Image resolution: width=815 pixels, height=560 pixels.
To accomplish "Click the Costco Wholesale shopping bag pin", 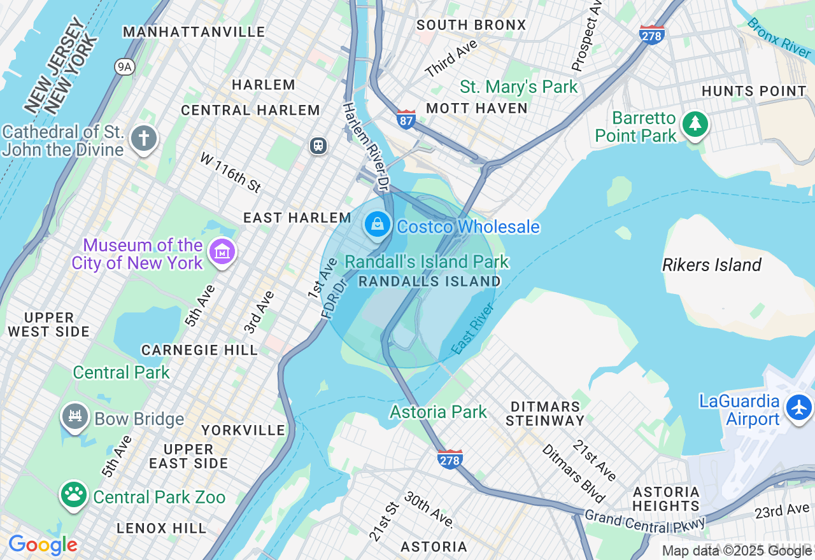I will [378, 224].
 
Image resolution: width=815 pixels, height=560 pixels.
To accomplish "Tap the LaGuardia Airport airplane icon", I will [799, 407].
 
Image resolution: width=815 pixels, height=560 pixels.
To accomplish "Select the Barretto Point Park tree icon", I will [695, 123].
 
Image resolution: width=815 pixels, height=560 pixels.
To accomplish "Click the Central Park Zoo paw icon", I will [74, 493].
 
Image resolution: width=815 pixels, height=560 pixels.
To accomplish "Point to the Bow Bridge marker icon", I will [74, 416].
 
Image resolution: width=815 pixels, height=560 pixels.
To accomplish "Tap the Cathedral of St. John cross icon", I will [144, 137].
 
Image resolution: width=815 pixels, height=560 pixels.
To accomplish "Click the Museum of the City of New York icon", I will [222, 251].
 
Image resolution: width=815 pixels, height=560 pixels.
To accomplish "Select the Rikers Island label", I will [711, 265].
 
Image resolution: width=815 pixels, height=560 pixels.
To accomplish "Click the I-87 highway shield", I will [406, 119].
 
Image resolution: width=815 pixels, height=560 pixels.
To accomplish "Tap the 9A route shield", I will [125, 66].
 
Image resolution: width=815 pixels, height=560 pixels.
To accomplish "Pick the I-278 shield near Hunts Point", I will [651, 34].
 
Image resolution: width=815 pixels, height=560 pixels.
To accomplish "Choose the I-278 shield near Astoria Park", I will [450, 459].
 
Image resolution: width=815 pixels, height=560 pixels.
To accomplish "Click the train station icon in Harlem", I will [318, 146].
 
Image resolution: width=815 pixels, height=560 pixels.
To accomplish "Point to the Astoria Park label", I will [438, 412].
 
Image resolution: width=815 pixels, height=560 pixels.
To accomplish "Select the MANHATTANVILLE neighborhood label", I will [194, 32].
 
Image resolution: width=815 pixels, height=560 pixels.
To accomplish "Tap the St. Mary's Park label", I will [518, 87].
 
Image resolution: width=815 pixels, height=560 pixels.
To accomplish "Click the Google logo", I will [43, 545].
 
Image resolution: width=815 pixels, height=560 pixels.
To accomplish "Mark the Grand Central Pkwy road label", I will [645, 521].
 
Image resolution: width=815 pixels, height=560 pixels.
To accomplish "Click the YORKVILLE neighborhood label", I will [243, 430].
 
